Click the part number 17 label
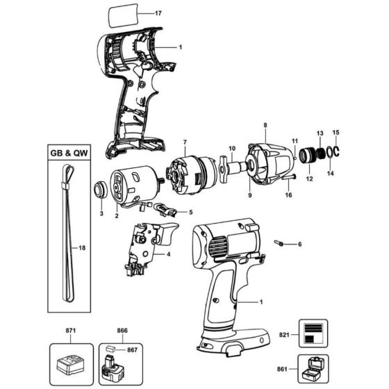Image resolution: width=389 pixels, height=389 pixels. point(158,13)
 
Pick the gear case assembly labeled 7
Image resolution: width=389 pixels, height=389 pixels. point(188,174)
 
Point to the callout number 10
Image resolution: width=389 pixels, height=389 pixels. point(233,148)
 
